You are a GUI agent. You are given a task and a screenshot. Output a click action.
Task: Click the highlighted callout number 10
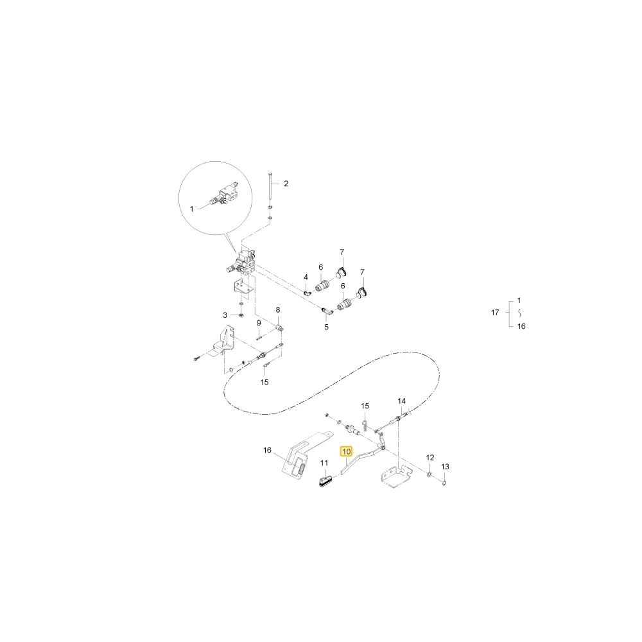click(x=347, y=451)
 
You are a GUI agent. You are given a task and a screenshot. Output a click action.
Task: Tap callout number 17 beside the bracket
click(x=495, y=313)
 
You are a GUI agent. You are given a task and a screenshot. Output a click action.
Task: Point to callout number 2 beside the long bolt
click(x=286, y=184)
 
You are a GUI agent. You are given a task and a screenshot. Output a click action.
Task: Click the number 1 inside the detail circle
click(x=191, y=209)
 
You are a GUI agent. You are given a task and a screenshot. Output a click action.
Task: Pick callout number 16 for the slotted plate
click(x=267, y=451)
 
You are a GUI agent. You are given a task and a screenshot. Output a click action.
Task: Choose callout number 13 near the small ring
click(x=445, y=466)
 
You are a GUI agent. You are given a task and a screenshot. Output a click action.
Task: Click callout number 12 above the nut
click(x=430, y=457)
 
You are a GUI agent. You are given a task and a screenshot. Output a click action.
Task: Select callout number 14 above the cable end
click(x=402, y=401)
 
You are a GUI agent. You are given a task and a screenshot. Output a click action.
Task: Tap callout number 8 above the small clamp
click(x=277, y=310)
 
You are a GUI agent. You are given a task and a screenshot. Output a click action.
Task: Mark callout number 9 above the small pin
click(x=259, y=323)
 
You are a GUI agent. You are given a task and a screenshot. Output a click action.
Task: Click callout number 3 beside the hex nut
click(x=225, y=315)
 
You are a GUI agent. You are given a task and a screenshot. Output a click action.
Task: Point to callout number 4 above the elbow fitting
click(x=306, y=277)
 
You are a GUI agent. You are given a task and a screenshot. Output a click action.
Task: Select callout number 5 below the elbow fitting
click(x=326, y=327)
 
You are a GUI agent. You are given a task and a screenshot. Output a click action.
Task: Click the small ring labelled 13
click(x=444, y=483)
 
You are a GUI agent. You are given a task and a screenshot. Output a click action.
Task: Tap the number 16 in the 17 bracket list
click(x=521, y=326)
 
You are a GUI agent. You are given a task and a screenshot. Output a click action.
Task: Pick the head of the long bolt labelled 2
click(x=270, y=175)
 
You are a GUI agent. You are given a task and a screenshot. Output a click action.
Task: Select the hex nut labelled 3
click(x=241, y=315)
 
